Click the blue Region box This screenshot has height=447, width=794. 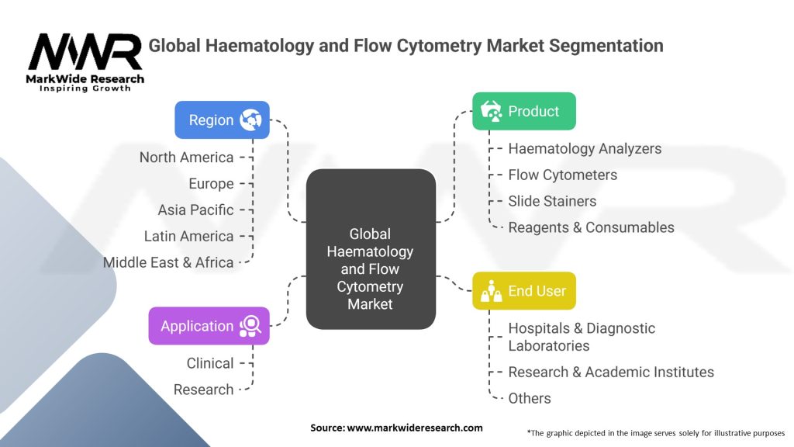pyautogui.click(x=222, y=120)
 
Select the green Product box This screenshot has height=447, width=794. pyautogui.click(x=524, y=111)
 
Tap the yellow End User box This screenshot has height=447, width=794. pyautogui.click(x=524, y=291)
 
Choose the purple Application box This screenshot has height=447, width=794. pyautogui.click(x=209, y=326)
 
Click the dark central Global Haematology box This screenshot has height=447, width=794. pyautogui.click(x=371, y=249)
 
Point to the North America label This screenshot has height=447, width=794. pyautogui.click(x=186, y=158)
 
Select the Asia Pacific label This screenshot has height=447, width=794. pyautogui.click(x=195, y=210)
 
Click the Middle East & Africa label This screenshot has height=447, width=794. pyautogui.click(x=168, y=262)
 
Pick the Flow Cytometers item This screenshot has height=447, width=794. pyautogui.click(x=563, y=175)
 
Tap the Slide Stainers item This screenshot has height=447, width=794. pyautogui.click(x=552, y=201)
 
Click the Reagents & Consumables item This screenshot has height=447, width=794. pyautogui.click(x=591, y=227)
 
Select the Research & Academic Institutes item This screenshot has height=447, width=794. pyautogui.click(x=611, y=372)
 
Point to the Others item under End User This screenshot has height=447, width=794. pyautogui.click(x=529, y=398)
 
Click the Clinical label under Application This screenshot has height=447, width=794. pyautogui.click(x=210, y=363)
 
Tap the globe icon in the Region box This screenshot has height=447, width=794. pyautogui.click(x=250, y=120)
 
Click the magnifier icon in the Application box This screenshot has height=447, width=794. pyautogui.click(x=250, y=326)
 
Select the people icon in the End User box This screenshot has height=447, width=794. pyautogui.click(x=491, y=291)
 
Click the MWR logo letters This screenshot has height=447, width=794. pyautogui.click(x=85, y=51)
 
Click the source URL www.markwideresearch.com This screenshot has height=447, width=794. pyautogui.click(x=415, y=428)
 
